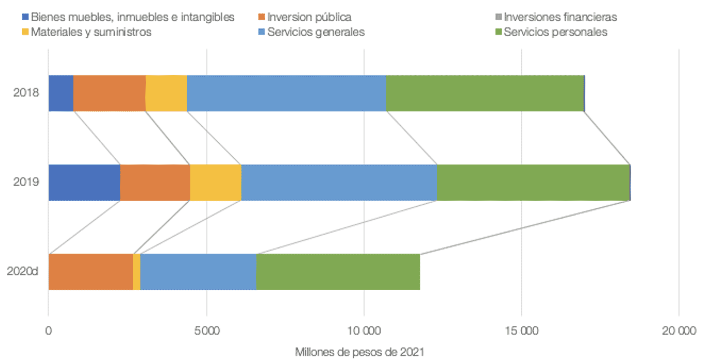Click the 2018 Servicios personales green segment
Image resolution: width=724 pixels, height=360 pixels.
coord(485,93)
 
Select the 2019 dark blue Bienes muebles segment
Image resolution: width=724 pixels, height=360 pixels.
coord(84,183)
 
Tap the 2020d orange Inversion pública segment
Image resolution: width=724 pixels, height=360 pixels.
coord(90,272)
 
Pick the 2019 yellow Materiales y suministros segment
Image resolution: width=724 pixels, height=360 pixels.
coord(216,183)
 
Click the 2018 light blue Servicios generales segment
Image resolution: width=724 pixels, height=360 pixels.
coord(286,93)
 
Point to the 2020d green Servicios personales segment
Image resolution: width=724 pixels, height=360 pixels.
coord(338,272)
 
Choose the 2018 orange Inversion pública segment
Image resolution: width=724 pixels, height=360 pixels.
coord(109,93)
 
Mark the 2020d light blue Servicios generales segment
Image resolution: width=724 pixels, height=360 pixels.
coord(198,272)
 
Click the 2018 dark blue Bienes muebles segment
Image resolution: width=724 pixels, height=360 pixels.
coord(61,93)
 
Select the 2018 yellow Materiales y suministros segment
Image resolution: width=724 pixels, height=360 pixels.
coord(166,93)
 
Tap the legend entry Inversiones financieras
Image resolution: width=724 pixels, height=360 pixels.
coord(560,17)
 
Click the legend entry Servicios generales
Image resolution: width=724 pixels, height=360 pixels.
coord(315,32)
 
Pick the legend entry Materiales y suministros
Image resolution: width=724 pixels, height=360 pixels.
coord(90,32)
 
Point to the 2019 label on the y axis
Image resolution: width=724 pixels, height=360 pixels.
coord(25,183)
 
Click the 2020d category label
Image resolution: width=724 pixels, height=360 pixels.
coord(23,272)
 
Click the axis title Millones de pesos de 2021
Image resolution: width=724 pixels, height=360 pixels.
coord(359,352)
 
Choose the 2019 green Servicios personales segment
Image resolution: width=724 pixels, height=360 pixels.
coord(533,183)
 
